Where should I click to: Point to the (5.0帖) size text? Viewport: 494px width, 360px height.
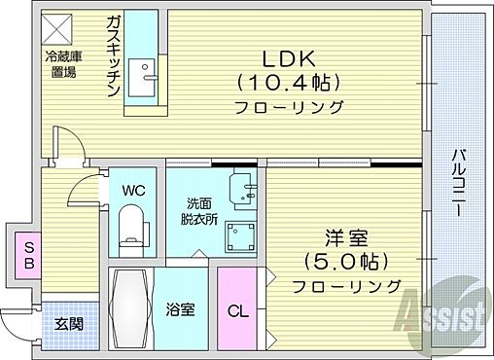tap(345, 263)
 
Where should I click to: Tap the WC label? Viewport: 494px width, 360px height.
tap(132, 192)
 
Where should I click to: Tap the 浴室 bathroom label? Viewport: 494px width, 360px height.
tap(181, 311)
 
